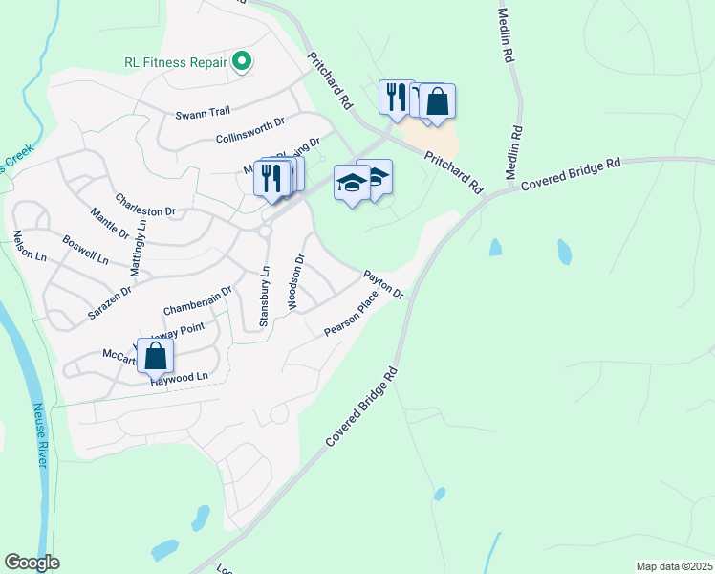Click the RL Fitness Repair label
[176, 63]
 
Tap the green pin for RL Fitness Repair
[242, 63]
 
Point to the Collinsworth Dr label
[250, 130]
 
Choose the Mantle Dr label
[109, 223]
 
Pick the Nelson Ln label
[29, 246]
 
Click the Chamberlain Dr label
[198, 300]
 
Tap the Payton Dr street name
[383, 284]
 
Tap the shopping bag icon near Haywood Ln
[155, 356]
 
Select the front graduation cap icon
[352, 182]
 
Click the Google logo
[32, 563]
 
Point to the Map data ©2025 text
[674, 566]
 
